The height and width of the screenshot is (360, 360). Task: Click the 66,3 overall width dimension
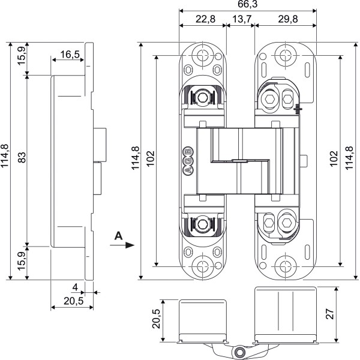247,5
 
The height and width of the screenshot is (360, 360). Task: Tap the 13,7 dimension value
241,19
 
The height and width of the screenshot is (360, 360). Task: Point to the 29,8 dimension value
286,19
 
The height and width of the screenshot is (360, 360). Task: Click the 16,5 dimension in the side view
70,55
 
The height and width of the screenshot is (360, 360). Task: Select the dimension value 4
74,286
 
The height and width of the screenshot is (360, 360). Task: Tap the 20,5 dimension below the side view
73,299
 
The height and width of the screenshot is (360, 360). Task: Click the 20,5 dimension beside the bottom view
157,317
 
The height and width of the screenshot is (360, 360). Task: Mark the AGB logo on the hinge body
188,160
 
